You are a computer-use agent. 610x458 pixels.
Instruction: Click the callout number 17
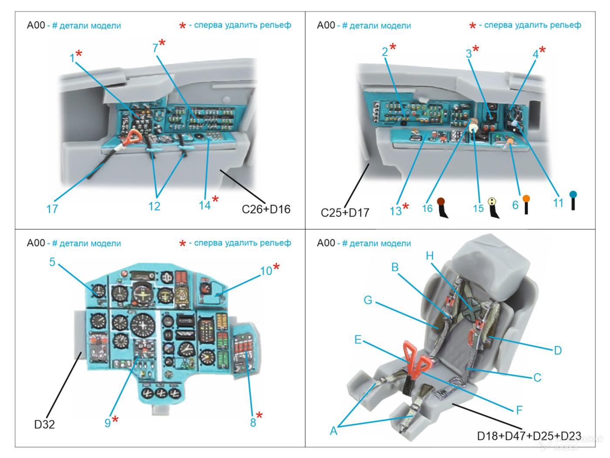pos(52,209)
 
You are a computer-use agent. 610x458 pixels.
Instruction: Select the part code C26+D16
pos(266,209)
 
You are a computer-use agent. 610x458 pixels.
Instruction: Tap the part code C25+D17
pos(345,212)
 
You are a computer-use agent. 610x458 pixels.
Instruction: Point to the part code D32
pos(44,424)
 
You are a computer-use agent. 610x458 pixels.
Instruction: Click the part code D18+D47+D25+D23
pos(529,436)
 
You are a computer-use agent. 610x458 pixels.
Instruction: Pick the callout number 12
pos(154,206)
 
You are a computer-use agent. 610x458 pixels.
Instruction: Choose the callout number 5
pos(52,262)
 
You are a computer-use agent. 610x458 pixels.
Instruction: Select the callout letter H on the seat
pos(430,256)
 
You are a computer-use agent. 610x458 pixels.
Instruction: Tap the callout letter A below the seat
pos(333,431)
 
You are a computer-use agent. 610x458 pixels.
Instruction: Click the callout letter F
pos(519,410)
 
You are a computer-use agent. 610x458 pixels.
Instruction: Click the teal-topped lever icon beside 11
pos(573,201)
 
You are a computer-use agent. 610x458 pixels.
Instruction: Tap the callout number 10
pos(266,271)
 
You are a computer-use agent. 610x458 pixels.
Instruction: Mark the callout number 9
pos(108,422)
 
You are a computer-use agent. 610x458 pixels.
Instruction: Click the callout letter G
pos(368,301)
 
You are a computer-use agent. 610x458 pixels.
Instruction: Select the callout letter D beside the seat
pos(557,350)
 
